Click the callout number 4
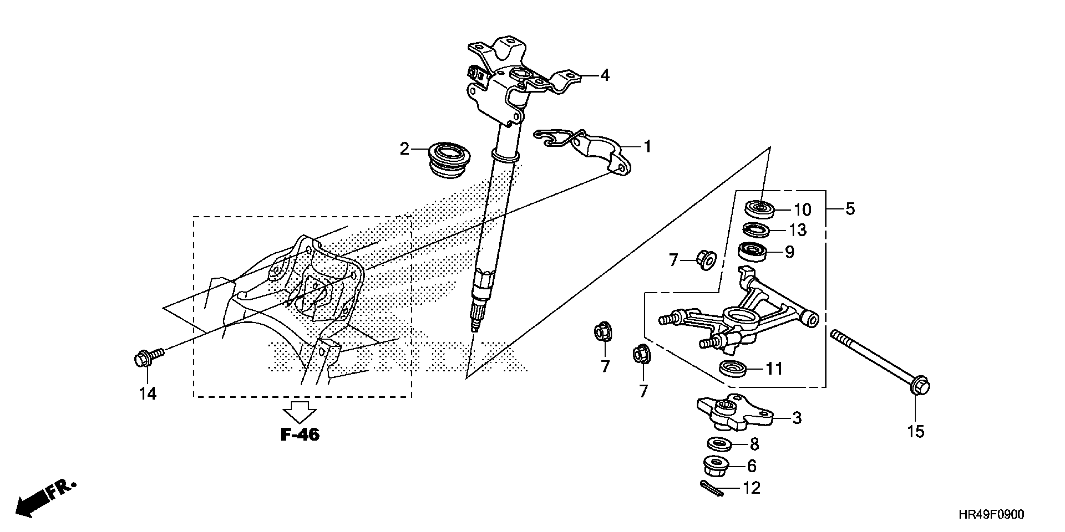(605, 76)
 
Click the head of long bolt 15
(919, 386)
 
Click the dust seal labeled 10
(760, 209)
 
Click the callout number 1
(647, 147)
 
